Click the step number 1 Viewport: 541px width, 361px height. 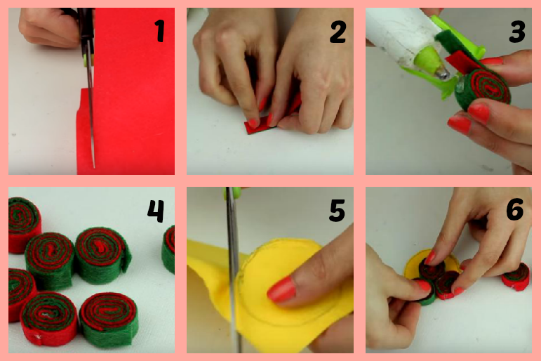click(x=159, y=31)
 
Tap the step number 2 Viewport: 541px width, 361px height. click(x=338, y=32)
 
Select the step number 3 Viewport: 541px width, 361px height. click(x=516, y=32)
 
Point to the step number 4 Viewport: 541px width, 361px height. click(x=156, y=211)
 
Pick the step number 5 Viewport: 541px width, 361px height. click(x=337, y=211)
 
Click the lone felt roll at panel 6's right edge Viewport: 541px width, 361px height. click(x=516, y=277)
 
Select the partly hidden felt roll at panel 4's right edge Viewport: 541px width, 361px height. click(x=168, y=249)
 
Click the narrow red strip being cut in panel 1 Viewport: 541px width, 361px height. click(x=84, y=131)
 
